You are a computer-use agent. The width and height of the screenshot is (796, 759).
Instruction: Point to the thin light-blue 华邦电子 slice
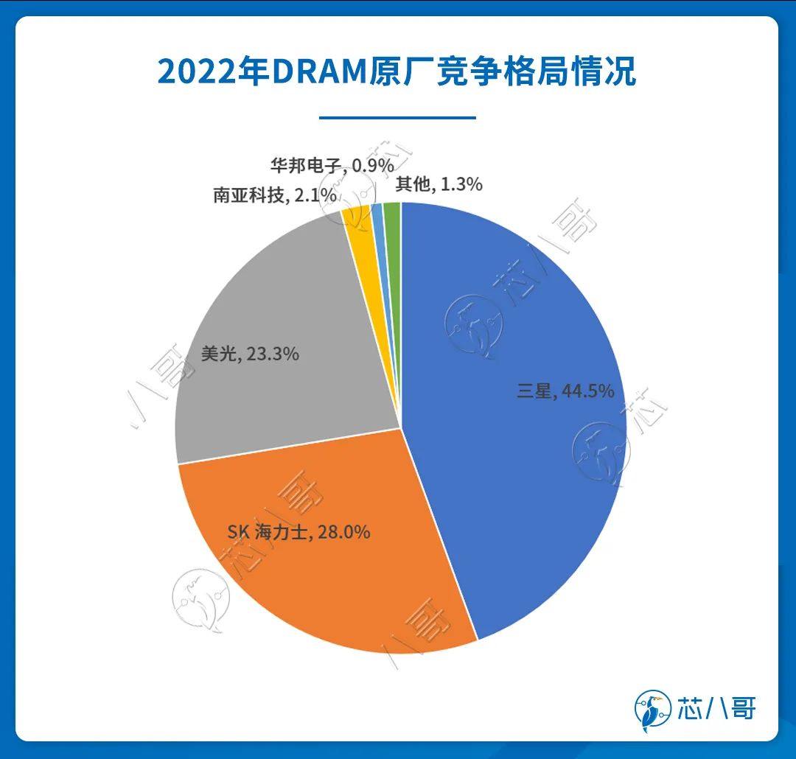tap(378, 214)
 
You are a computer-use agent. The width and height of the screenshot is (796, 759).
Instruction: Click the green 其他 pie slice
tap(393, 214)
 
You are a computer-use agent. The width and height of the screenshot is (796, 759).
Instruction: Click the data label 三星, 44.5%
tap(565, 391)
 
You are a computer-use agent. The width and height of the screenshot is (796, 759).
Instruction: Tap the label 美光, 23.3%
tap(250, 354)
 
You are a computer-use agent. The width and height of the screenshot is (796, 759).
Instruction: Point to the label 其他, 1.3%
tap(439, 184)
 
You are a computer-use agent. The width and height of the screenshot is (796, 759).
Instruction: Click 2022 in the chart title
tap(193, 73)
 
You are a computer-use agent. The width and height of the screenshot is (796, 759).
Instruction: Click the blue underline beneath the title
tap(398, 117)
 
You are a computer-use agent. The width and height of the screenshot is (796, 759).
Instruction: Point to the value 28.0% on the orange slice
tap(344, 531)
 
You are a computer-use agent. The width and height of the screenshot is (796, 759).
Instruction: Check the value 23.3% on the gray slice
tap(273, 354)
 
